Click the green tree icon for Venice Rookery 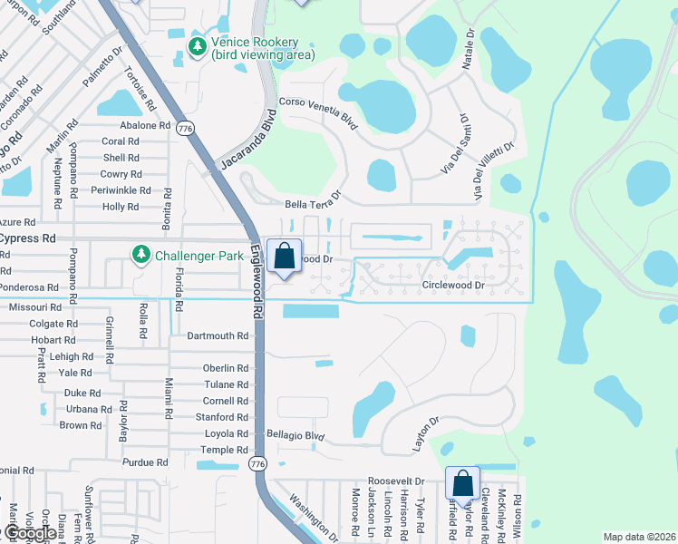[x=196, y=44]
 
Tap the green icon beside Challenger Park [x=140, y=256]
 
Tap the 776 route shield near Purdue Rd [x=257, y=463]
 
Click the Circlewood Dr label [x=454, y=285]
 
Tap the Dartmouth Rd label [x=218, y=335]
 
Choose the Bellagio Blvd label [x=295, y=435]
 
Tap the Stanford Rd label [x=222, y=417]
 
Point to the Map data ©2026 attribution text [x=639, y=537]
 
